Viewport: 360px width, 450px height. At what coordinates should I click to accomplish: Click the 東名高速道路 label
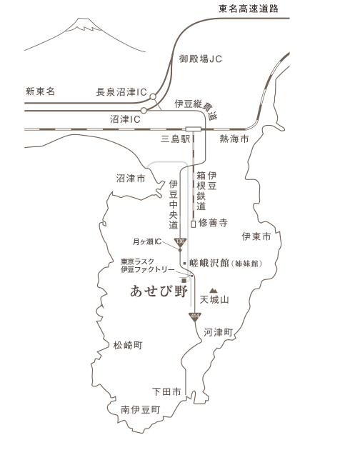point(249,9)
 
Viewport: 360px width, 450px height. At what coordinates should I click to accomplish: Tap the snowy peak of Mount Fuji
point(84,25)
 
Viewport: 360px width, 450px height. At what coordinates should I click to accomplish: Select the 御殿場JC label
point(201,59)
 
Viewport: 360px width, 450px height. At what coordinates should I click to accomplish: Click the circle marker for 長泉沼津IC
point(153,96)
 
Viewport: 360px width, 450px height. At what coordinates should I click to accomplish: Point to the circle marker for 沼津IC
point(144,111)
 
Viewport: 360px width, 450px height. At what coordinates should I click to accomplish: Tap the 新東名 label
point(41,91)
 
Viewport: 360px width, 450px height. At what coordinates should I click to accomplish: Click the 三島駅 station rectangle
point(193,129)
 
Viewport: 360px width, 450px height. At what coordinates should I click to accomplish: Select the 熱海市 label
point(234,139)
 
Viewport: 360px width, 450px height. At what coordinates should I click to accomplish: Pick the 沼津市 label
point(131,179)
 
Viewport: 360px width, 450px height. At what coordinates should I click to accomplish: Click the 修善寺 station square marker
point(193,224)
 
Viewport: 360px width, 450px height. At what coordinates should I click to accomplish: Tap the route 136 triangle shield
point(180,242)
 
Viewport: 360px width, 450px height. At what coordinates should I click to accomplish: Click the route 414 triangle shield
point(195,317)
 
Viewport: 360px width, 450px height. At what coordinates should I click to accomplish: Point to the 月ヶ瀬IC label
point(147,242)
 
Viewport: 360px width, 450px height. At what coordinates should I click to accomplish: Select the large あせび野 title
point(159,291)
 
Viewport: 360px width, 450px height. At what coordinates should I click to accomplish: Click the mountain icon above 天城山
point(213,291)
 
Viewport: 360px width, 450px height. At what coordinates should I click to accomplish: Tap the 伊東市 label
point(256,236)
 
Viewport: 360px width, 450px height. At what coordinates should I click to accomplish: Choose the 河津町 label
point(218,332)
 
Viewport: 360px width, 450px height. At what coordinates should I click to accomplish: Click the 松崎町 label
point(128,345)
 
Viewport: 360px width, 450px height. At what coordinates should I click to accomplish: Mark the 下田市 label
point(167,391)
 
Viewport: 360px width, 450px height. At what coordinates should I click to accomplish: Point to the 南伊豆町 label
point(141,410)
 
